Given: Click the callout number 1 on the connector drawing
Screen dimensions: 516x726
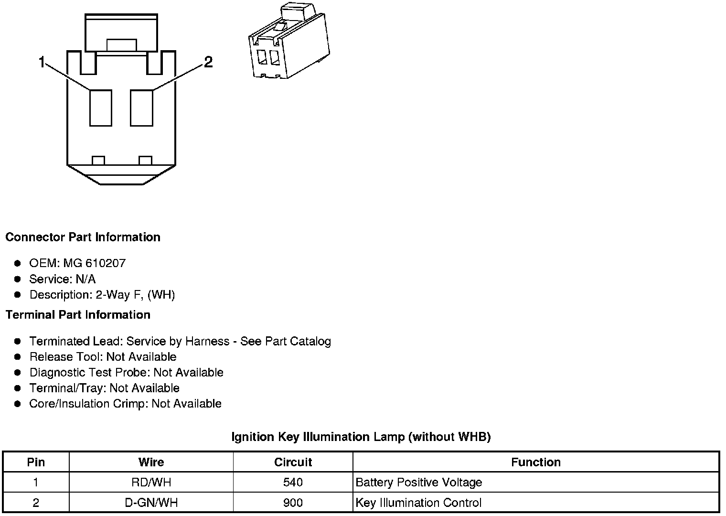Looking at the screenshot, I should (x=42, y=62).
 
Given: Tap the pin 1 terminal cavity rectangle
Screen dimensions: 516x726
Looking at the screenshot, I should (x=101, y=108).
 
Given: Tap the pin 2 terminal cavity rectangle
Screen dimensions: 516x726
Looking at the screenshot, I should (x=142, y=108).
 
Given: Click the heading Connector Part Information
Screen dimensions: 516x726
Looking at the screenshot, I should (x=83, y=237).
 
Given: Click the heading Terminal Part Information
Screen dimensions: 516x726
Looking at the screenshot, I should (x=78, y=315).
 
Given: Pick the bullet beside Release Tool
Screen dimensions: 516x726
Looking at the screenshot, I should (x=18, y=357).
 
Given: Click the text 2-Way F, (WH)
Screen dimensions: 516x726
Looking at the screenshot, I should (x=135, y=295).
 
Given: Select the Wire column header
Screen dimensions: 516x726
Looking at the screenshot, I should (x=151, y=462).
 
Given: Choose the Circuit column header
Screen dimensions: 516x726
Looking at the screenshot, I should (x=293, y=462).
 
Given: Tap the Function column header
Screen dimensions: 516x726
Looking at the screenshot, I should (x=535, y=462).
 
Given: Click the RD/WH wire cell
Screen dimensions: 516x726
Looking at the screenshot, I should (x=151, y=483).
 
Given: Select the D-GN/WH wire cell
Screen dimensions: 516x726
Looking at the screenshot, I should (x=151, y=503).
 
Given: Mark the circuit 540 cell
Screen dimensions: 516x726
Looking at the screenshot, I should (x=293, y=483).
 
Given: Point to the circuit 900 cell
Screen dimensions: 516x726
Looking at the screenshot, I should (x=293, y=503).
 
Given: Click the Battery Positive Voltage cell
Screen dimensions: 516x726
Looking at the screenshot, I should (x=419, y=483).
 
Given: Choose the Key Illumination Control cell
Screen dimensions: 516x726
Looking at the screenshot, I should (x=418, y=503).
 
